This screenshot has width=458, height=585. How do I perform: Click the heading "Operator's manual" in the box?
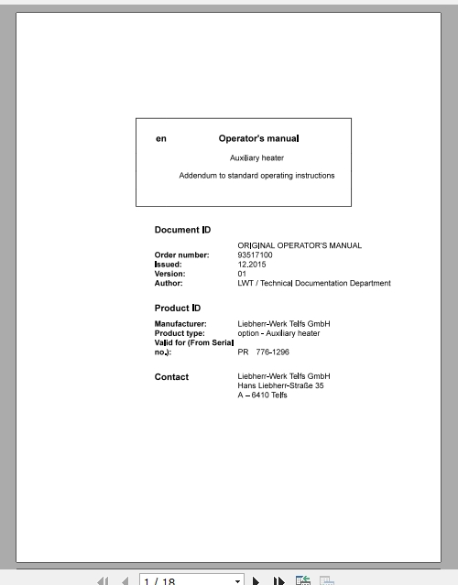(258, 139)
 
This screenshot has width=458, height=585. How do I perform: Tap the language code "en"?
(161, 139)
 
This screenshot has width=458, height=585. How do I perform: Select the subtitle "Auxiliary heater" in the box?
(257, 158)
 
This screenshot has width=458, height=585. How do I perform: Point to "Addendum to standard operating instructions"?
(256, 176)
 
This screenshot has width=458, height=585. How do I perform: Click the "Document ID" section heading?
(183, 230)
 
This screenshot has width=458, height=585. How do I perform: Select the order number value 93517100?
(256, 255)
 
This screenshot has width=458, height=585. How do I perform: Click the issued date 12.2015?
(251, 264)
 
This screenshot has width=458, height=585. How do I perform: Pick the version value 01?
(242, 274)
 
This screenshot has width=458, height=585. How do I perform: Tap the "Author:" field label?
(169, 283)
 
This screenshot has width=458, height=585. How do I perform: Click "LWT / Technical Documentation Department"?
(313, 283)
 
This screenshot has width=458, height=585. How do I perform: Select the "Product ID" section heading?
(178, 308)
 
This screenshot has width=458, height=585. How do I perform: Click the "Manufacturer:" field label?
(180, 324)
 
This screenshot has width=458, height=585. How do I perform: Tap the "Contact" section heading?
(171, 376)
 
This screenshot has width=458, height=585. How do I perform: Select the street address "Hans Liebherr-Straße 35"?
(280, 385)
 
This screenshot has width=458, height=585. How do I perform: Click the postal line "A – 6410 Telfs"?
(262, 395)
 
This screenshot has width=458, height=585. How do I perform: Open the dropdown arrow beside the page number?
(238, 580)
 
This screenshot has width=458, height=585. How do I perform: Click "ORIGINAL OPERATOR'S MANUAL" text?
(300, 245)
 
